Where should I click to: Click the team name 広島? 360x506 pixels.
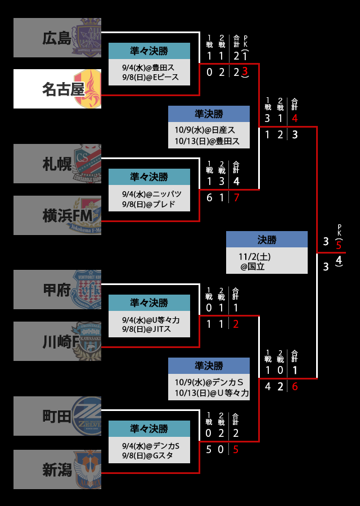pyautogui.click(x=57, y=38)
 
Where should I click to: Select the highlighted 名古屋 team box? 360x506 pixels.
pyautogui.click(x=57, y=89)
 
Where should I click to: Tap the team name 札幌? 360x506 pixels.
pyautogui.click(x=57, y=164)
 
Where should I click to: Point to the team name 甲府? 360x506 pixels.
pyautogui.click(x=57, y=290)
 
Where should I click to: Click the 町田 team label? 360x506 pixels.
pyautogui.click(x=57, y=417)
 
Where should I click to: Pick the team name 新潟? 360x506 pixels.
pyautogui.click(x=57, y=469)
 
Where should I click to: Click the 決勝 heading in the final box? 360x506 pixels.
pyautogui.click(x=267, y=240)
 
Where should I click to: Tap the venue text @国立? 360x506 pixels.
pyautogui.click(x=253, y=266)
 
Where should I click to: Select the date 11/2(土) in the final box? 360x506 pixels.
pyautogui.click(x=254, y=256)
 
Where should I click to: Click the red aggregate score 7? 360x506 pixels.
pyautogui.click(x=236, y=198)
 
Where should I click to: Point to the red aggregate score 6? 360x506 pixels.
pyautogui.click(x=295, y=387)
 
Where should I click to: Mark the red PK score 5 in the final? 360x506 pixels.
pyautogui.click(x=339, y=245)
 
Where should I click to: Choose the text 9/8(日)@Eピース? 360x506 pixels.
pyautogui.click(x=150, y=77)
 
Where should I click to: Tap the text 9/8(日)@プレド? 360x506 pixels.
pyautogui.click(x=148, y=204)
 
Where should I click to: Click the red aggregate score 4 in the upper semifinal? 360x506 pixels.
pyautogui.click(x=295, y=119)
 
